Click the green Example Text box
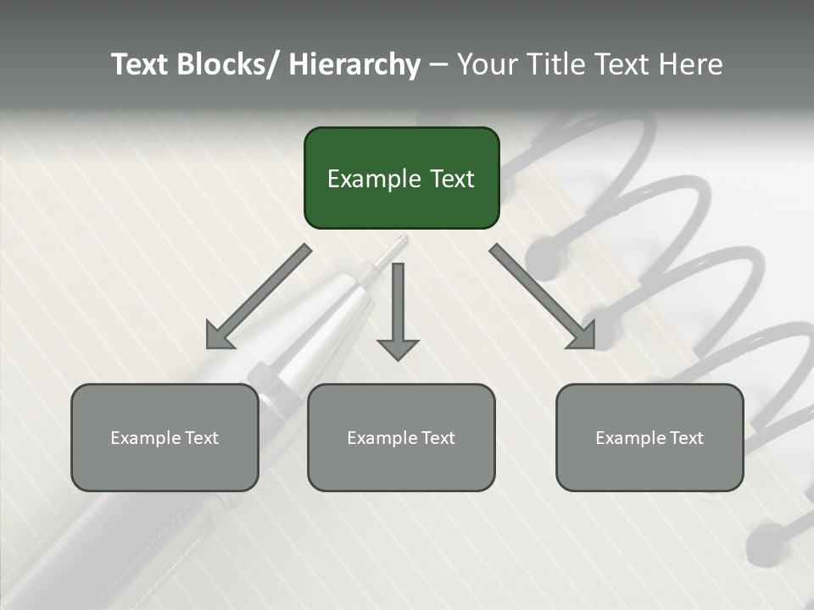click(401, 178)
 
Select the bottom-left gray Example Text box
click(164, 437)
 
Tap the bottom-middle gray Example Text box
click(401, 437)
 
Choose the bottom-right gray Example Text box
click(650, 437)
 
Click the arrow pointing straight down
click(398, 310)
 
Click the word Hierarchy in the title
click(354, 64)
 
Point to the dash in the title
click(438, 65)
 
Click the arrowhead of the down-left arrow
click(218, 337)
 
